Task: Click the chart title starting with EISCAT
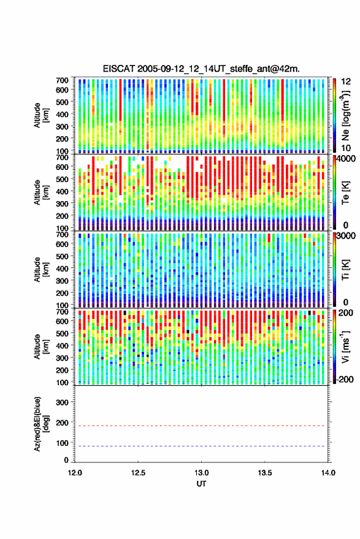coord(201,69)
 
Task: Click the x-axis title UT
coord(201,484)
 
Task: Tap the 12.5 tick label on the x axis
coord(138,473)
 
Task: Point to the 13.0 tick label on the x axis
coord(201,473)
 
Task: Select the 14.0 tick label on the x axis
coord(328,473)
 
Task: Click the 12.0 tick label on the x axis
coord(75,473)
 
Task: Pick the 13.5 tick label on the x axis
coord(265,473)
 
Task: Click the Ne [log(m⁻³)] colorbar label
coord(345,116)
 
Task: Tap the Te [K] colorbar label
coord(345,193)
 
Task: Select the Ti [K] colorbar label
coord(345,270)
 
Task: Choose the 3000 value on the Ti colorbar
coord(344,236)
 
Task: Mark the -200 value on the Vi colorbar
coord(344,380)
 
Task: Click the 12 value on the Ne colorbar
coord(346,82)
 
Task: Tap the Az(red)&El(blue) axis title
coord(40,424)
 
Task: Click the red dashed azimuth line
coord(200,426)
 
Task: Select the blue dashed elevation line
coord(200,446)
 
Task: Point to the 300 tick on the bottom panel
coord(62,402)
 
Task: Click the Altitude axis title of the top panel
coord(40,115)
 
